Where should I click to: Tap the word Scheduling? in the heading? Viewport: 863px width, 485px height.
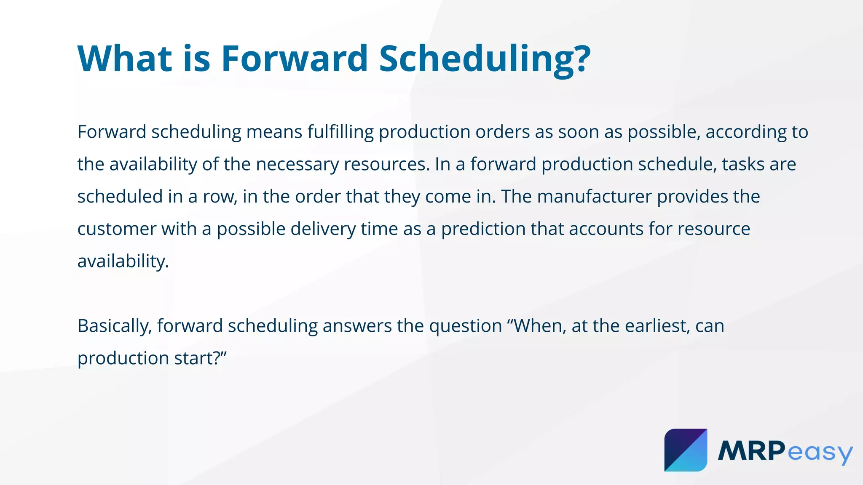click(484, 59)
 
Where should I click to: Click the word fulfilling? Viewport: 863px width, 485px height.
click(340, 132)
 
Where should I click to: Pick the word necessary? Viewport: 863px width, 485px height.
click(297, 165)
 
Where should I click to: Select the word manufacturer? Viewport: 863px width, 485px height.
click(594, 197)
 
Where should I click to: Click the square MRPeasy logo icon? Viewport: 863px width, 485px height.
click(686, 450)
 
